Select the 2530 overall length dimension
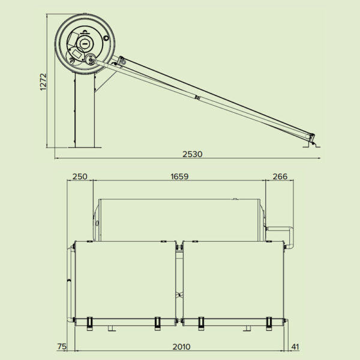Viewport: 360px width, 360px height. click(x=192, y=154)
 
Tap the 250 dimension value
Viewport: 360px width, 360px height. click(x=80, y=176)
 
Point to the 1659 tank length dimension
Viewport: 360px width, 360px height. click(x=179, y=176)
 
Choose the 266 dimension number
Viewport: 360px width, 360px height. click(x=280, y=176)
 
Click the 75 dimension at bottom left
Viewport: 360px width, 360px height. click(x=61, y=347)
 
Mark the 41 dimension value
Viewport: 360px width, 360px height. click(x=295, y=347)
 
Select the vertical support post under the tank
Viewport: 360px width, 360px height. click(x=83, y=111)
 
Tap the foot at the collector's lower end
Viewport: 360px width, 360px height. click(x=314, y=143)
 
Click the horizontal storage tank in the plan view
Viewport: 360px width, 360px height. click(x=179, y=220)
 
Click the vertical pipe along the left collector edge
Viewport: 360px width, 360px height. click(x=71, y=282)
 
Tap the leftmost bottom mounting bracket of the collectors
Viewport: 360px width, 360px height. click(x=90, y=322)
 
